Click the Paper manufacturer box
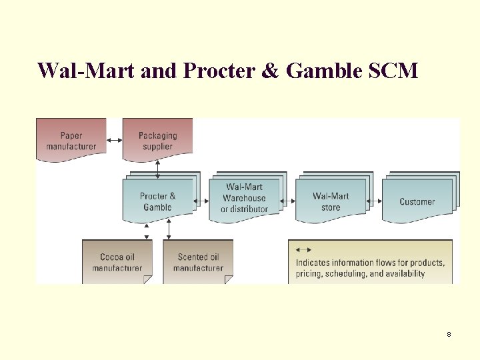coord(71,140)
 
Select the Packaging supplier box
coord(157,140)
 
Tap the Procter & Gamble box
coord(157,201)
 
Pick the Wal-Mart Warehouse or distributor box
coord(244,198)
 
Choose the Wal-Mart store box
coord(331,201)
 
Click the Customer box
coord(417,201)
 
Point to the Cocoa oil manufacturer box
coord(117,262)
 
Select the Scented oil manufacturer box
coord(198,262)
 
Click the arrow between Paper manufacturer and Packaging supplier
coord(114,140)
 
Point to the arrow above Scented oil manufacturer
coord(169,229)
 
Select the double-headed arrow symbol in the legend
coord(303,249)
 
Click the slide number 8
coord(449,334)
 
